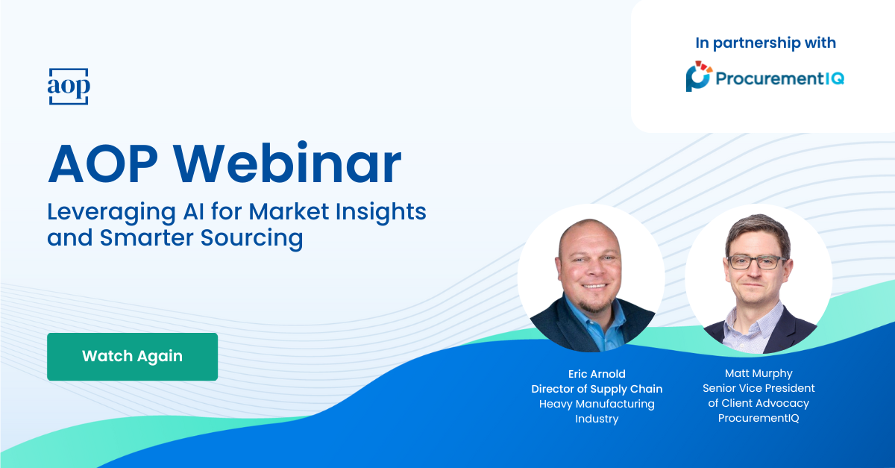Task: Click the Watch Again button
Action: coord(132,356)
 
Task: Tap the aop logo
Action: coord(69,87)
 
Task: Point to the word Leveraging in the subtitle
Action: coord(100,213)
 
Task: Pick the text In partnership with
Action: coord(765,43)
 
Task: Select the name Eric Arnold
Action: coord(597,373)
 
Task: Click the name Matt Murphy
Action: coord(759,373)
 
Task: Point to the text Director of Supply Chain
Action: coord(597,389)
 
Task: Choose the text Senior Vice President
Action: coord(759,388)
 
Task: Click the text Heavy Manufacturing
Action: coord(597,404)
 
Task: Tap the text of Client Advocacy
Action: coord(759,403)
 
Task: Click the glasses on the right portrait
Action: coord(756,262)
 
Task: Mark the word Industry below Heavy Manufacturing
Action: coord(597,419)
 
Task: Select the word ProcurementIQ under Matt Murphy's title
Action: coord(759,418)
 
